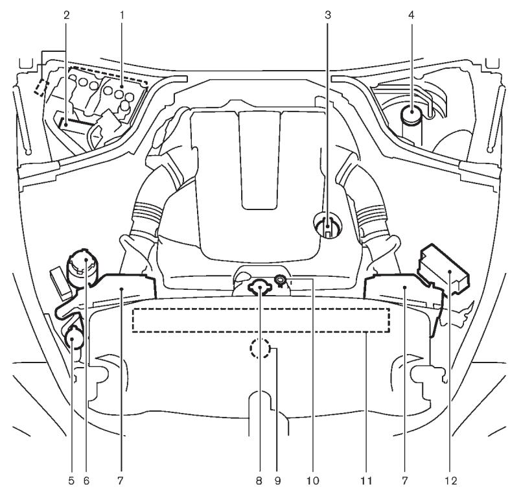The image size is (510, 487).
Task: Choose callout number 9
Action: tap(278, 480)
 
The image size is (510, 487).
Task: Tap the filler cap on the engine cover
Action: tap(328, 228)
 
